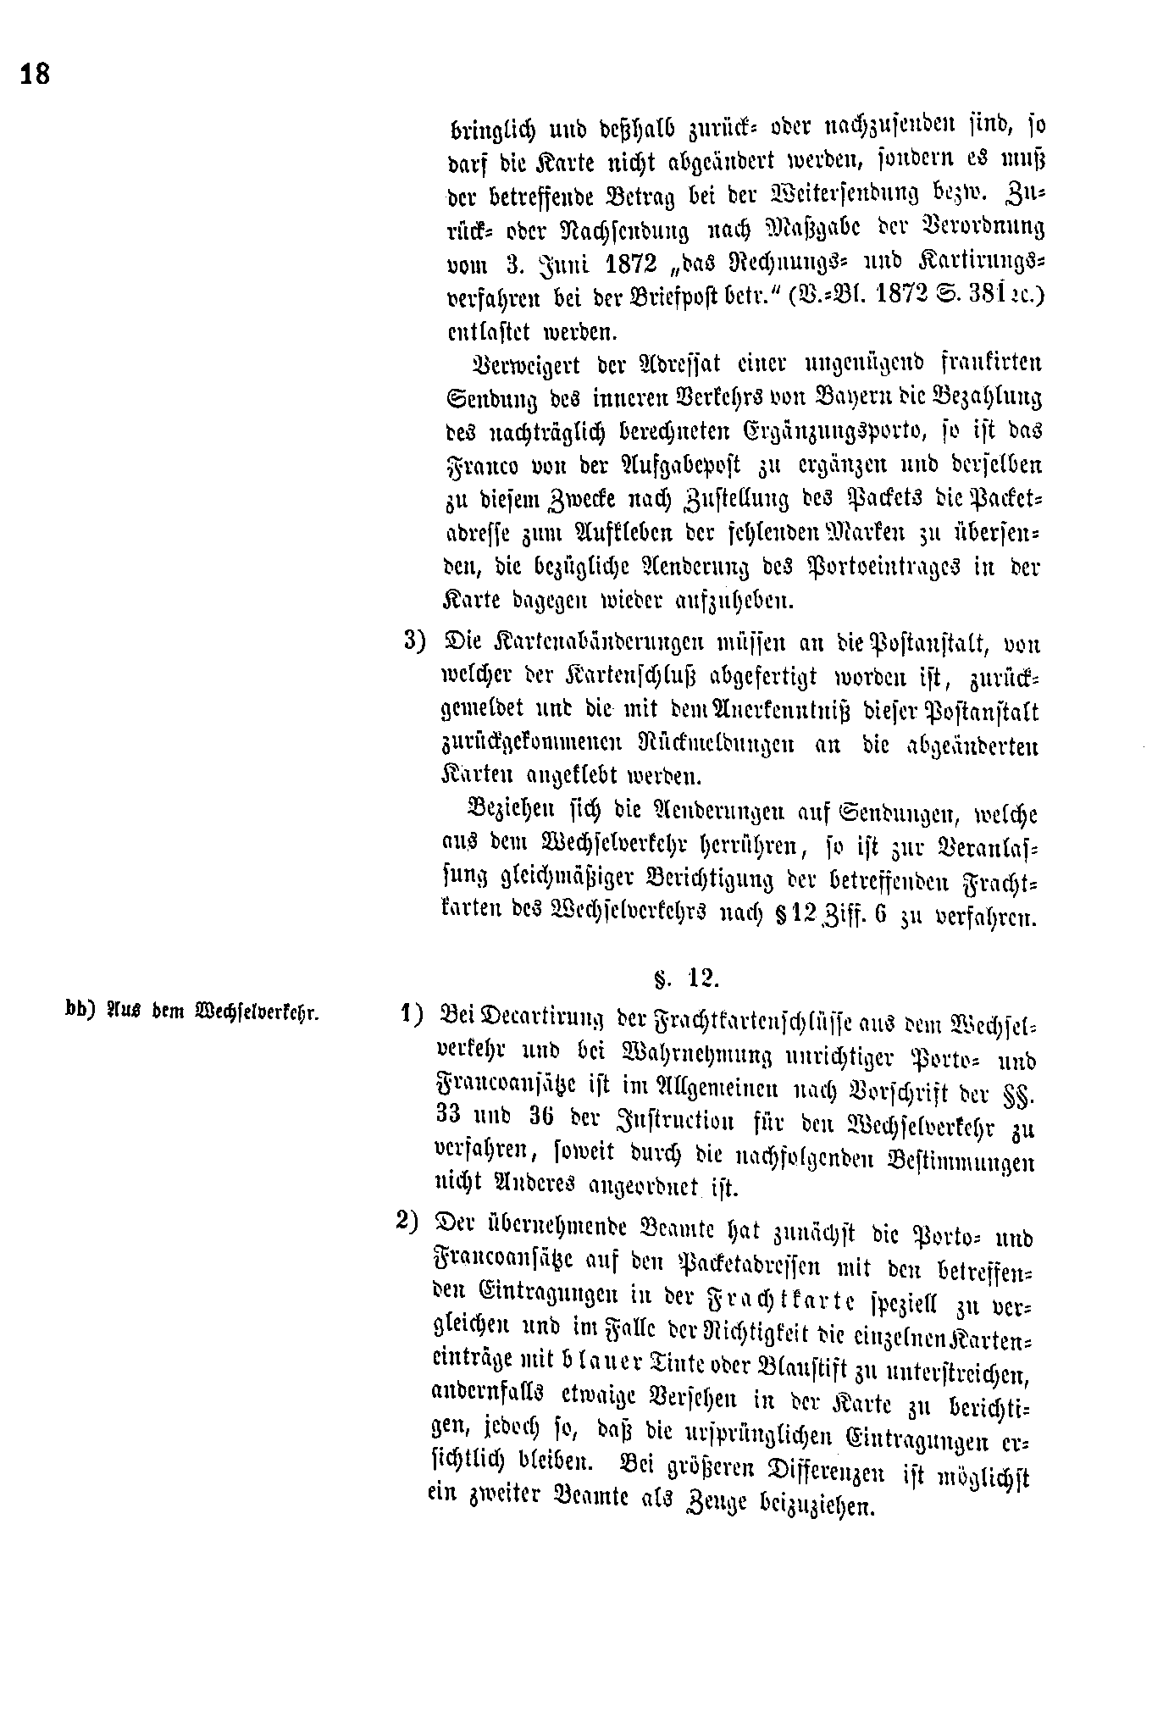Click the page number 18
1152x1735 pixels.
pyautogui.click(x=36, y=75)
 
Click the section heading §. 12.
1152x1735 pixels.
pyautogui.click(x=686, y=979)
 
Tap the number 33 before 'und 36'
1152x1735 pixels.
pyautogui.click(x=450, y=1115)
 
